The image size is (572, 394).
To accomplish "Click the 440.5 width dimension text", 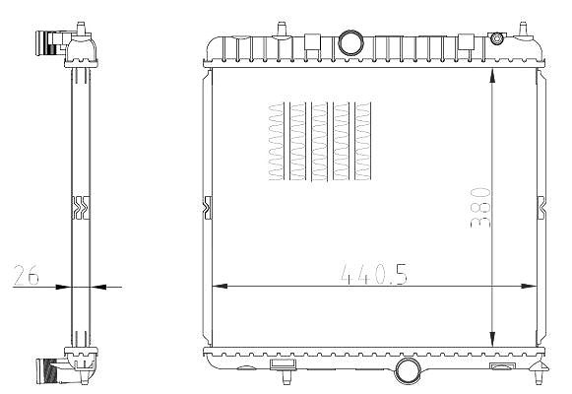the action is (x=374, y=274).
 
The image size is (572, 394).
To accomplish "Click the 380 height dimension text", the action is (x=480, y=208).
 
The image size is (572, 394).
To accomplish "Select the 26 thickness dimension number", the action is (x=26, y=275).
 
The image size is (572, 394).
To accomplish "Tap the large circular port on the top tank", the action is (x=350, y=43).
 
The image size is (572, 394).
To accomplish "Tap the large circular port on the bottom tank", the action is (x=408, y=370).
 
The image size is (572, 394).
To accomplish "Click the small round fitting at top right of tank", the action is (x=496, y=38).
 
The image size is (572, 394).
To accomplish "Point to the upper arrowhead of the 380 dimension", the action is (x=492, y=77).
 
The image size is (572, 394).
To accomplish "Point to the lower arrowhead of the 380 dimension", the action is (x=492, y=338).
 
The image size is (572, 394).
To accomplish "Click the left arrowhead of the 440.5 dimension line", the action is (x=220, y=287).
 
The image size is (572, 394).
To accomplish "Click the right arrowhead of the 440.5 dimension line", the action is (x=529, y=287).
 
